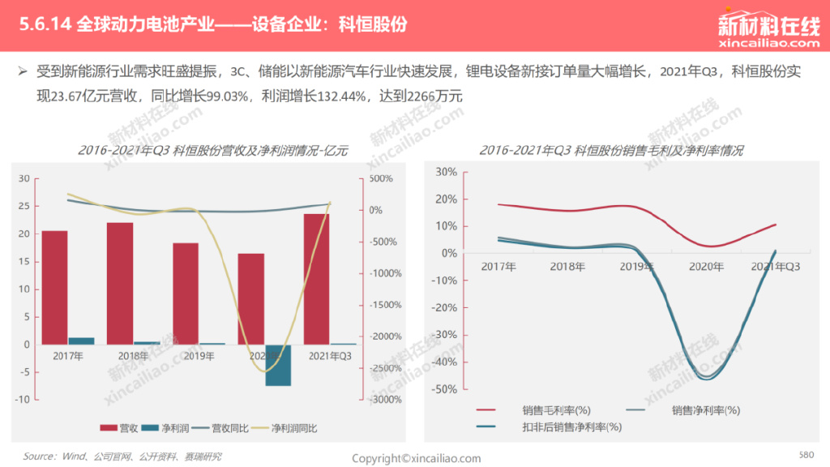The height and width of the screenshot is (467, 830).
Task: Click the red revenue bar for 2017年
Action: pos(55,287)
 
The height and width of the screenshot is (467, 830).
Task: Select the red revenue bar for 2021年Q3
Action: pos(316,279)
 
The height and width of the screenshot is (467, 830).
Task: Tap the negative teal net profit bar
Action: pos(278,365)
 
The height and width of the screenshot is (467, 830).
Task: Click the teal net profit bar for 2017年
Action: pos(82,341)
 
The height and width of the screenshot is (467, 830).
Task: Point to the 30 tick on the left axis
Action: pos(24,178)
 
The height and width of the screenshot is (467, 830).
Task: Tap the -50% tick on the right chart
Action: pos(446,389)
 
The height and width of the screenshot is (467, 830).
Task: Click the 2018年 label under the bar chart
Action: pos(134,356)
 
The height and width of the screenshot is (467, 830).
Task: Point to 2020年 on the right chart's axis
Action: pos(704,266)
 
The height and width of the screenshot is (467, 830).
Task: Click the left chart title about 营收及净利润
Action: pos(213,152)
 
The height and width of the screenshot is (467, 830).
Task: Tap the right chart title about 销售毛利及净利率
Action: pos(611,151)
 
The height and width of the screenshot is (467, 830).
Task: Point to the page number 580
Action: pos(806,454)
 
